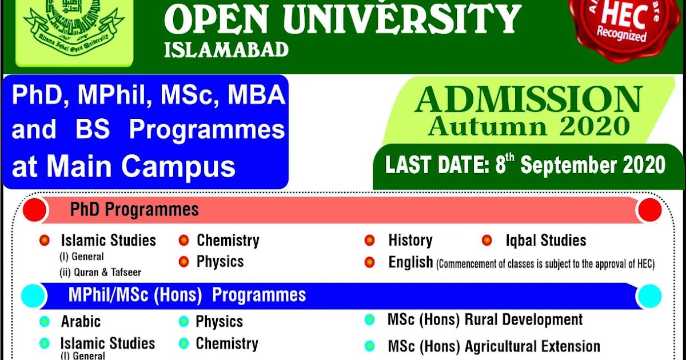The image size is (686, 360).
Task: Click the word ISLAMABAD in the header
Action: tap(226, 50)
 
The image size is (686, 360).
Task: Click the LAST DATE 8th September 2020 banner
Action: tap(525, 165)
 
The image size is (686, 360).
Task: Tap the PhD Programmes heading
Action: tap(134, 210)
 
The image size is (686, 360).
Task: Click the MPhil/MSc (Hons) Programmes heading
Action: tap(187, 295)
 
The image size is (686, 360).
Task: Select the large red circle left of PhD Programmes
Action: tap(35, 210)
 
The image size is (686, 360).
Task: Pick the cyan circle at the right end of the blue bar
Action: tap(649, 296)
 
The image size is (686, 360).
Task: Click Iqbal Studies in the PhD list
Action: tap(545, 241)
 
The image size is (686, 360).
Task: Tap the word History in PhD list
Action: tap(410, 241)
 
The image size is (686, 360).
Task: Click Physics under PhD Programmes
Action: tap(220, 262)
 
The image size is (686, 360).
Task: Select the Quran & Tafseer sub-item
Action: tap(101, 273)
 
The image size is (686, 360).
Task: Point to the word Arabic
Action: tap(81, 322)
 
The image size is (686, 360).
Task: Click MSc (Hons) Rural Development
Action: tap(485, 319)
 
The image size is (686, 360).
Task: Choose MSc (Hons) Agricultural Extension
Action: tap(494, 346)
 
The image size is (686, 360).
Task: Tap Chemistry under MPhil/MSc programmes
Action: tap(227, 344)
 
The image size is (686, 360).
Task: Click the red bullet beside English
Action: tap(370, 262)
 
